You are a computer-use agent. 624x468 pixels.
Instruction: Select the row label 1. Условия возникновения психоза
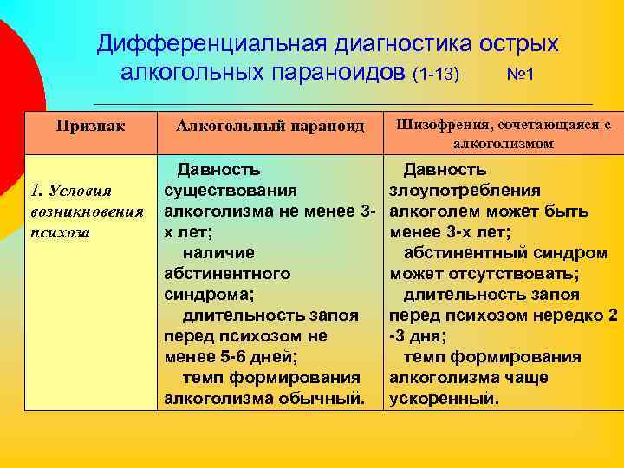tap(86, 211)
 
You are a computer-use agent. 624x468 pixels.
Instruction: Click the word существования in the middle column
tap(231, 190)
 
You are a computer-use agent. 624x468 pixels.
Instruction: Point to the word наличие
tap(218, 252)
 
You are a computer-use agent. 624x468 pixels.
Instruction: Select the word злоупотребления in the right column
tap(465, 190)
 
